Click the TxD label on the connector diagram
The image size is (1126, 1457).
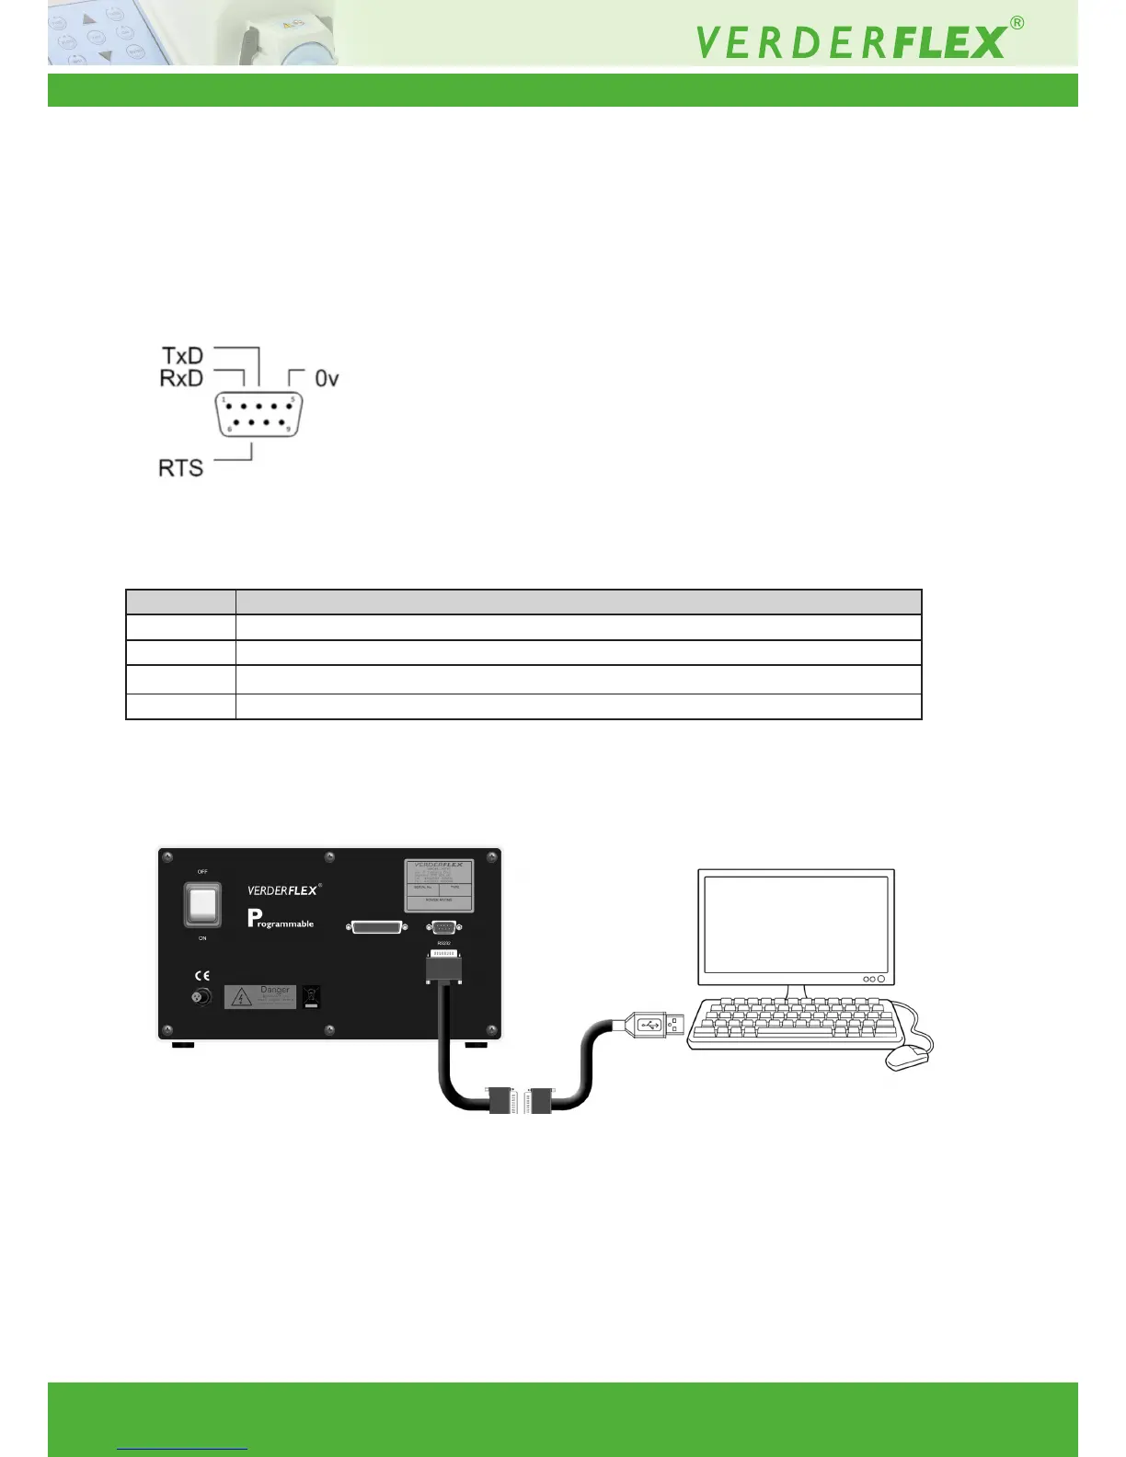[182, 356]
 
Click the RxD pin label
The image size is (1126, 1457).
[181, 378]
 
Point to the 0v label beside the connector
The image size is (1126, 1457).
[327, 378]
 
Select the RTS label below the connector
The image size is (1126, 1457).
[180, 468]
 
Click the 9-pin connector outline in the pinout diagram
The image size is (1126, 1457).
[259, 415]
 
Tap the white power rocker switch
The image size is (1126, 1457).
[202, 905]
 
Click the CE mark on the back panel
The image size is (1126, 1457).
[201, 976]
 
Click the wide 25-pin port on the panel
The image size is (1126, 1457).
[377, 927]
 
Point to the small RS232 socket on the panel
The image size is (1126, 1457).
[444, 927]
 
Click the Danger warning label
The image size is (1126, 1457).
[260, 996]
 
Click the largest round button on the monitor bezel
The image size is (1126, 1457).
[880, 979]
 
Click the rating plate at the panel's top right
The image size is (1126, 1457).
[440, 884]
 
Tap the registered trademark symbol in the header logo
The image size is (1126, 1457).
[1017, 23]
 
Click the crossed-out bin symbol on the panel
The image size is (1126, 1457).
[312, 996]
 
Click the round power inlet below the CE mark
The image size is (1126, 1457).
[200, 997]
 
